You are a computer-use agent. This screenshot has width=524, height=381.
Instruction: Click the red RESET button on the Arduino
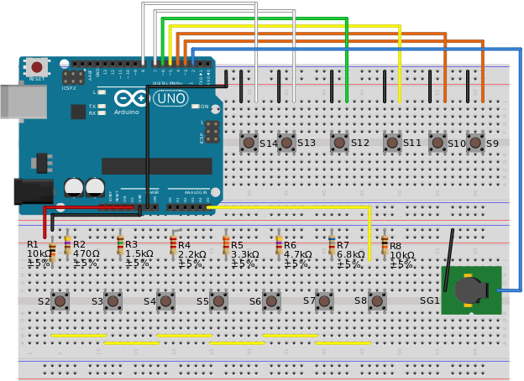[36, 67]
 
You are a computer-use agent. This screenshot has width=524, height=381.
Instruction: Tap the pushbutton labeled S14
[249, 143]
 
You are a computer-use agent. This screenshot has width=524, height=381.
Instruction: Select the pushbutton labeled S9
[475, 143]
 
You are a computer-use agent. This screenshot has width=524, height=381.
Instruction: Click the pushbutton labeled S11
[392, 143]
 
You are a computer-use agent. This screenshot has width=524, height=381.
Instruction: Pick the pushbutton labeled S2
[60, 300]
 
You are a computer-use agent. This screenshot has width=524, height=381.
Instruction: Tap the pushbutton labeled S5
[218, 300]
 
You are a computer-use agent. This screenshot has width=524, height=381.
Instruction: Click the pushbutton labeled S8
[377, 300]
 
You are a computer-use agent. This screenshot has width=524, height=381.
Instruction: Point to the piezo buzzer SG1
[470, 290]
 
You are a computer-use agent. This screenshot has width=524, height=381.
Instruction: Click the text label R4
[184, 246]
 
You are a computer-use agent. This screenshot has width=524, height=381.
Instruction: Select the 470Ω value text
[86, 253]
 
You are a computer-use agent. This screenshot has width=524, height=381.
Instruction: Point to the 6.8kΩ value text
[351, 254]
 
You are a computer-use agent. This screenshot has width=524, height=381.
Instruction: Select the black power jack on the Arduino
[33, 190]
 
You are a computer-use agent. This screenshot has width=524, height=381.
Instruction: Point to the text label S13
[307, 143]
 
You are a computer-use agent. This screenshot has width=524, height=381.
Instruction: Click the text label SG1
[429, 300]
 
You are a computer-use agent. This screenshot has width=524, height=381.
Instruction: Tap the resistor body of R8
[385, 243]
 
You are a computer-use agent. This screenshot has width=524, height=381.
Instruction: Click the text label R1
[33, 244]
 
